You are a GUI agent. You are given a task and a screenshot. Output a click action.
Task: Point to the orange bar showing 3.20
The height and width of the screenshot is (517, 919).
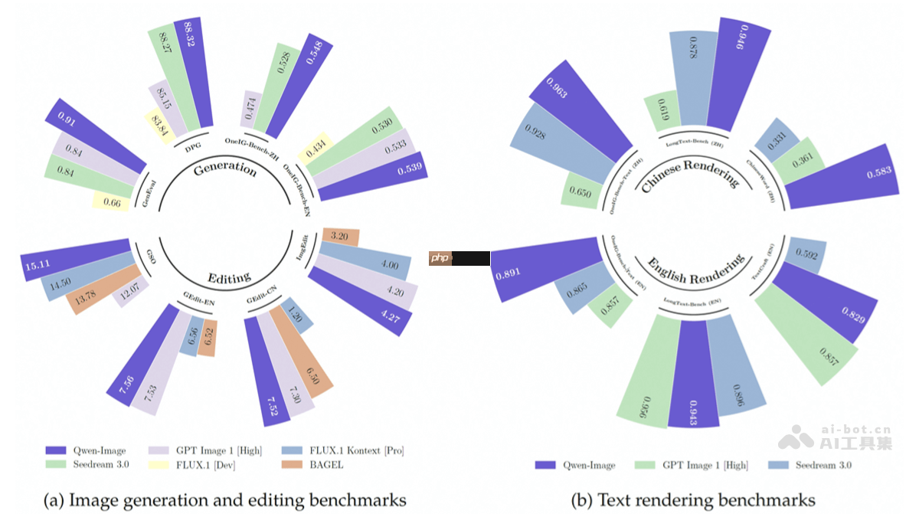point(340,237)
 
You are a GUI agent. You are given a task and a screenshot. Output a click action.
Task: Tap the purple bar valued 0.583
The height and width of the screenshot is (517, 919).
point(842,176)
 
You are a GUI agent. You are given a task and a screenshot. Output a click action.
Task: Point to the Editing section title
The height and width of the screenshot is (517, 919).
point(229,277)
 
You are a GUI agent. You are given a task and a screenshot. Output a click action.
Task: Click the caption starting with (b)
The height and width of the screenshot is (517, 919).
point(693,500)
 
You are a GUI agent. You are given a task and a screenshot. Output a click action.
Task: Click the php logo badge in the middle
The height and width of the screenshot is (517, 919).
point(440,258)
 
